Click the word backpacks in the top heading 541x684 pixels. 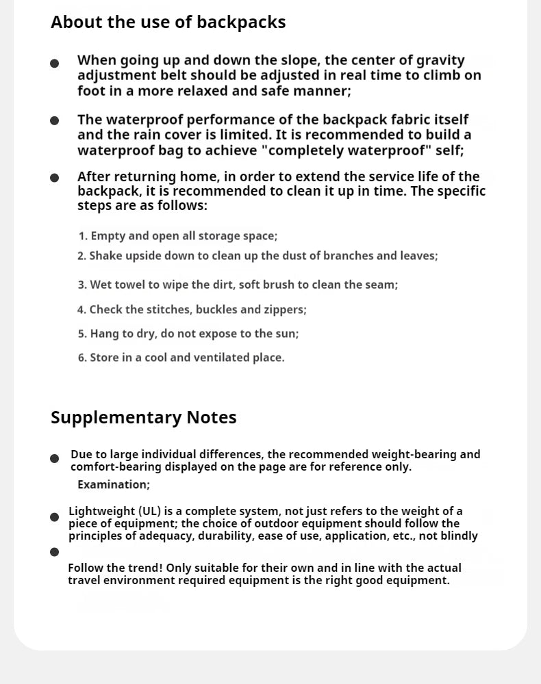(x=241, y=23)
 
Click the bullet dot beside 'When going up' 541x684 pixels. (x=55, y=64)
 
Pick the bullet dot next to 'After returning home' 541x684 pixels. (x=55, y=178)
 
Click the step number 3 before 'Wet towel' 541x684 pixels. (x=81, y=285)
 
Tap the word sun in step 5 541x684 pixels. (x=288, y=334)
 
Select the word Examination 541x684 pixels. (x=113, y=485)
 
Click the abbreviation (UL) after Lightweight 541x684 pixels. (x=150, y=512)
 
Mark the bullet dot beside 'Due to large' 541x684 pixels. (x=55, y=458)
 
